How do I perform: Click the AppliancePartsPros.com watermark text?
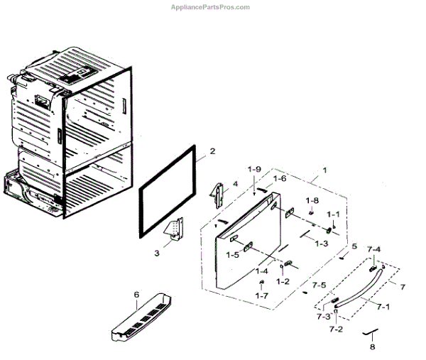pyautogui.click(x=211, y=7)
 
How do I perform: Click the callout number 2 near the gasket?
pyautogui.click(x=212, y=151)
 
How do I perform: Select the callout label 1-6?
pyautogui.click(x=280, y=179)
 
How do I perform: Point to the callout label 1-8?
pyautogui.click(x=312, y=201)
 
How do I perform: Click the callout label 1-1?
pyautogui.click(x=333, y=214)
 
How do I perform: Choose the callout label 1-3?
pyautogui.click(x=321, y=244)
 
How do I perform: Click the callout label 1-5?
pyautogui.click(x=232, y=254)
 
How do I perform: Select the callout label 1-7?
pyautogui.click(x=261, y=295)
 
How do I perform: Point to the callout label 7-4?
pyautogui.click(x=373, y=249)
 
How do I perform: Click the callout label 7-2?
pyautogui.click(x=335, y=330)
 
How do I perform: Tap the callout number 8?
pyautogui.click(x=371, y=347)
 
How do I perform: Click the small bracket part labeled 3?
pyautogui.click(x=174, y=230)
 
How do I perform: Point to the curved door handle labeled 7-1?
pyautogui.click(x=359, y=287)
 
